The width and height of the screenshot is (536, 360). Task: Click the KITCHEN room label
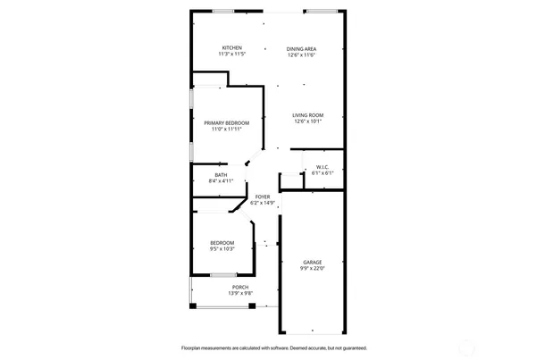232,47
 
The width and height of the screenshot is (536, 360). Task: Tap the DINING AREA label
302,47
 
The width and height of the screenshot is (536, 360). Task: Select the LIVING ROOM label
308,115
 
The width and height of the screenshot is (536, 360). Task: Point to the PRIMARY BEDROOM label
226,122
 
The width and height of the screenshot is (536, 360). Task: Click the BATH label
221,174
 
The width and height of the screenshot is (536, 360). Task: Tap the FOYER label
263,197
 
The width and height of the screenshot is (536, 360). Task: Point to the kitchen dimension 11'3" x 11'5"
231,54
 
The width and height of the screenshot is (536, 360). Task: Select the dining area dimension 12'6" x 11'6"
302,54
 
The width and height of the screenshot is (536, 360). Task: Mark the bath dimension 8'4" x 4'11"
220,180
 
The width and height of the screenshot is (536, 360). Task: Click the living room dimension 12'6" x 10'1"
308,122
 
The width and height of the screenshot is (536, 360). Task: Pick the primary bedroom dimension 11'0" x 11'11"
226,129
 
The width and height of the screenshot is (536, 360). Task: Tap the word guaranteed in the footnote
351,348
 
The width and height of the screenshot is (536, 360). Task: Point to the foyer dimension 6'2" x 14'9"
263,204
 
